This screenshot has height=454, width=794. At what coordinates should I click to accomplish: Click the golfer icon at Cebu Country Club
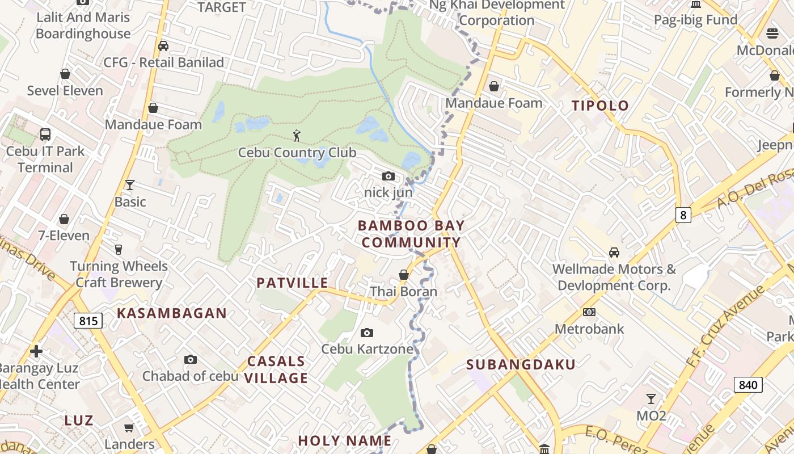296,136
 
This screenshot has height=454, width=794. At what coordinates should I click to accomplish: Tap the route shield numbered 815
88,321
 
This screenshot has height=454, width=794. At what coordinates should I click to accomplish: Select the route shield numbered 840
748,385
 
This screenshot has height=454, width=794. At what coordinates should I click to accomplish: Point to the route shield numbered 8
683,215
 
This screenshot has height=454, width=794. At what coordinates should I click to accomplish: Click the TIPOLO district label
600,106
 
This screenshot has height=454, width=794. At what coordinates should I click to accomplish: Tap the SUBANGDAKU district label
521,365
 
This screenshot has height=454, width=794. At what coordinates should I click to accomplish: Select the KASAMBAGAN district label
172,313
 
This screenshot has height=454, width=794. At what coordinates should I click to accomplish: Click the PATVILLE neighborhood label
292,283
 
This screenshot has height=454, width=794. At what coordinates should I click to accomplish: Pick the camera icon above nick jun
388,176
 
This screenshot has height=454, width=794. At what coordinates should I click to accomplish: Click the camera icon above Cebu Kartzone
367,333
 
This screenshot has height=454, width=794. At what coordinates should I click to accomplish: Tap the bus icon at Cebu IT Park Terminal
45,134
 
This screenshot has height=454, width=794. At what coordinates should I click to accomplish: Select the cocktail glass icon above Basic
130,185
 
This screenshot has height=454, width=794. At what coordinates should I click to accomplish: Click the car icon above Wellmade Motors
614,252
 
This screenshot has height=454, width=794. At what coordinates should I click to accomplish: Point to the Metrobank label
589,329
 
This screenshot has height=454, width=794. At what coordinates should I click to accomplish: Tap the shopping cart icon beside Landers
129,427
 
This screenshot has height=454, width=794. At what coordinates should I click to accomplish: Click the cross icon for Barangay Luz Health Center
36,351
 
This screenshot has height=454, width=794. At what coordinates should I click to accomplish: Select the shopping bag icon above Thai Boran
404,275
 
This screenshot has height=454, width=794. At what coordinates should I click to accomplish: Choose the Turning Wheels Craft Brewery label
119,274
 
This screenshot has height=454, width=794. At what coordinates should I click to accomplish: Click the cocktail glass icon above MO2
651,399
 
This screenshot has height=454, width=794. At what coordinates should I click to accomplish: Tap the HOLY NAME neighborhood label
344,441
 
